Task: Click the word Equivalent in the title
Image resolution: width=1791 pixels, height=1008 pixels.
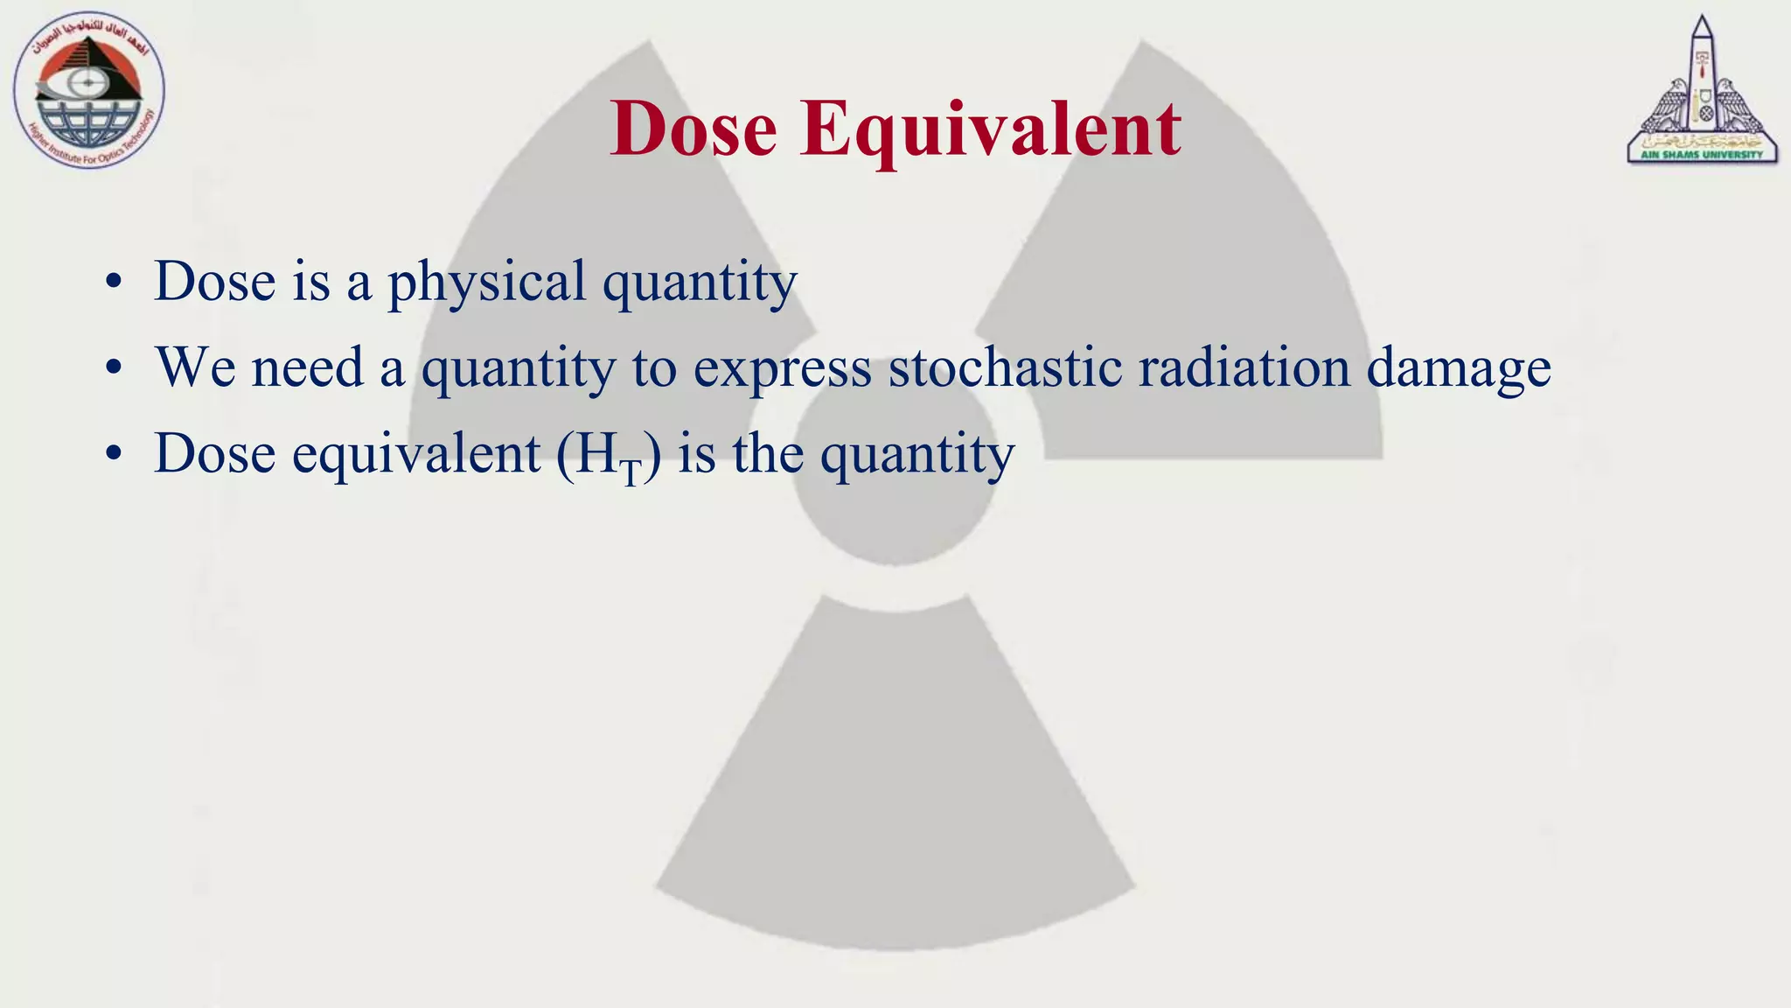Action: (990, 129)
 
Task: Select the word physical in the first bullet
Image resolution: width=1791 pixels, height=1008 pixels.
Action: (486, 282)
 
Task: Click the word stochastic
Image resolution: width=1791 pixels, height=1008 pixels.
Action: (1005, 367)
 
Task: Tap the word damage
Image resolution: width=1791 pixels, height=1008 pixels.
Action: (1458, 368)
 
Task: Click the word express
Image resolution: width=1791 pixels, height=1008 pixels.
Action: (782, 368)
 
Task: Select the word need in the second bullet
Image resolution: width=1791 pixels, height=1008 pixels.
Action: (306, 367)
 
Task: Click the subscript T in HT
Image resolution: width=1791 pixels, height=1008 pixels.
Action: (631, 472)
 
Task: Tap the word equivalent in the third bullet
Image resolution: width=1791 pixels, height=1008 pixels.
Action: (415, 454)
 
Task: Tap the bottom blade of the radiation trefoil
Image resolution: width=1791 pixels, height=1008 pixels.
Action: (894, 787)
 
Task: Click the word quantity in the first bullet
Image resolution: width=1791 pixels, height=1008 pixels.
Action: (700, 282)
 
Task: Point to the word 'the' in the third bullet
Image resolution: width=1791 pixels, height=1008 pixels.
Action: (768, 454)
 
